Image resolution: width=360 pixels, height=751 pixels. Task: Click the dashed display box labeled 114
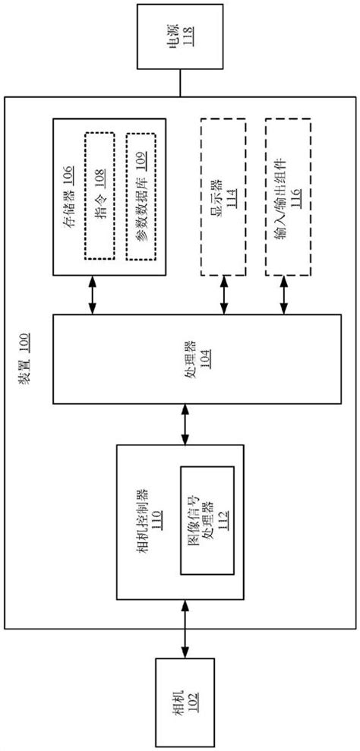point(223,197)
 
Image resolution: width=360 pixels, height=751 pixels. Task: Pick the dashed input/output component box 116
point(287,197)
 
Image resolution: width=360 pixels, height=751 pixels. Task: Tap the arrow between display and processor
point(223,295)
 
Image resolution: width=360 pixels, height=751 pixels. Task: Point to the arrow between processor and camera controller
point(184,424)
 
